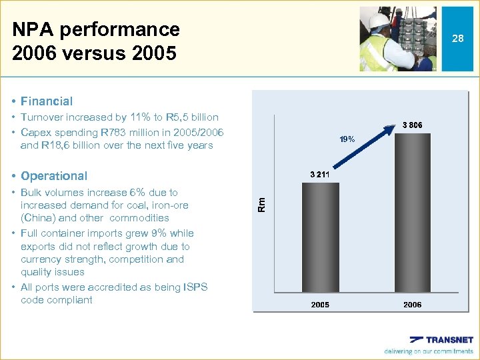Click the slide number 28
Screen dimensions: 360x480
tap(457, 39)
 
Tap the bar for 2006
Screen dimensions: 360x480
tap(413, 213)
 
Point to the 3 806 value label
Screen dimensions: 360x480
tap(413, 125)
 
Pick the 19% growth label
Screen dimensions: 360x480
tap(347, 140)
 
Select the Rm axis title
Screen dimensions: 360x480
tap(262, 203)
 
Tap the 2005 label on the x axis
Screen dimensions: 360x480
tap(321, 305)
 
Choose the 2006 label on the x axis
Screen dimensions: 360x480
tap(413, 305)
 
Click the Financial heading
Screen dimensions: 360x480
tap(47, 101)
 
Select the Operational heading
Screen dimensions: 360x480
tap(54, 176)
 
